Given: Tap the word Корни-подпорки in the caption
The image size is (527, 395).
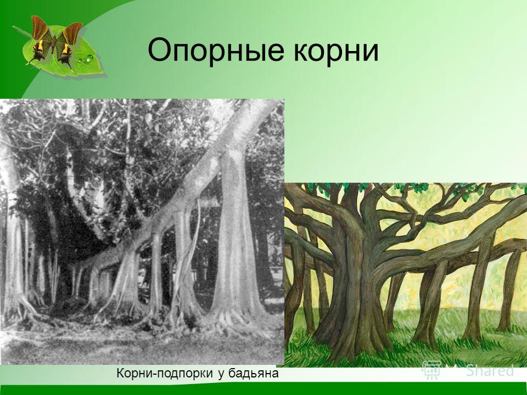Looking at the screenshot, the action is (165, 373).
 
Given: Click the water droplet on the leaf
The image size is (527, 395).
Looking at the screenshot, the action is (89, 59).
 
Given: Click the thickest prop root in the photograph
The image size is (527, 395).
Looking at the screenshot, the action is (236, 235).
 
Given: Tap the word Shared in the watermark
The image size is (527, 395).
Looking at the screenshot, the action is (490, 370).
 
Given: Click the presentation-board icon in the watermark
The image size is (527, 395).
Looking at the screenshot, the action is (432, 370).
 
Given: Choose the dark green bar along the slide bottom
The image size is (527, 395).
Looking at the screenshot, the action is (263, 388).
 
